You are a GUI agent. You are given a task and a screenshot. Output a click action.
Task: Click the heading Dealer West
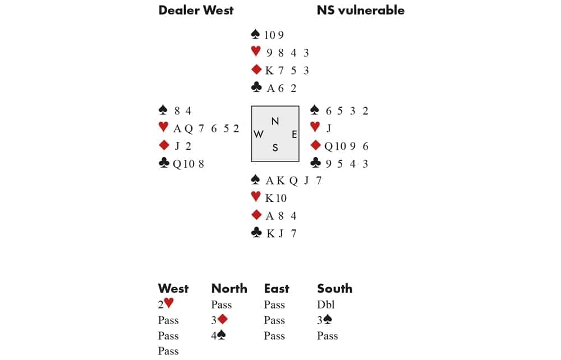[196, 10]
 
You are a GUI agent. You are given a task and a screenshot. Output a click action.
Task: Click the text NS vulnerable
[360, 10]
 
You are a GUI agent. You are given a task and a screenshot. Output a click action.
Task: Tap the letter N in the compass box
[275, 121]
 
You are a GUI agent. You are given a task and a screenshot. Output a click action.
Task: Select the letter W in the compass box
[259, 135]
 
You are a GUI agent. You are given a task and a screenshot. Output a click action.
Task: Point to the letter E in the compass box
[294, 135]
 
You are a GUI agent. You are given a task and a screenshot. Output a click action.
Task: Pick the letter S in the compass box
[275, 148]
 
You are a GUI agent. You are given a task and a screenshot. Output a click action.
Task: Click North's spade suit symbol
[256, 35]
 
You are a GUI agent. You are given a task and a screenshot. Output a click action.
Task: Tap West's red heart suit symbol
[164, 128]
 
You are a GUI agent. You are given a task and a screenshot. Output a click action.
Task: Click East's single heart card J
[329, 128]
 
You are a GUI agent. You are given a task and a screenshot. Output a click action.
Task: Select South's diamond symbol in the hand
[256, 215]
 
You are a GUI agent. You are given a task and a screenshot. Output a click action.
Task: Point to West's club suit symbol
[164, 163]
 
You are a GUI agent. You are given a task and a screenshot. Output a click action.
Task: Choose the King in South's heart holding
[269, 198]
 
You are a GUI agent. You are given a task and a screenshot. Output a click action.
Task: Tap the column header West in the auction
[173, 289]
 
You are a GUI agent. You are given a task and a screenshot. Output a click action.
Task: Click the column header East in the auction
[277, 289]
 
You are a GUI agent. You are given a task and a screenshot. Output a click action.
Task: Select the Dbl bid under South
[326, 305]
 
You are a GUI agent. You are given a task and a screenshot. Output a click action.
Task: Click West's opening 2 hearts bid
[166, 304]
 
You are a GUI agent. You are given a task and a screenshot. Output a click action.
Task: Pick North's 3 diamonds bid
[222, 321]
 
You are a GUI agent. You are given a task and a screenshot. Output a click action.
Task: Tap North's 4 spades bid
[222, 336]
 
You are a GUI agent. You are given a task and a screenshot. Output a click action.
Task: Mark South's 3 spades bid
[327, 321]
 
